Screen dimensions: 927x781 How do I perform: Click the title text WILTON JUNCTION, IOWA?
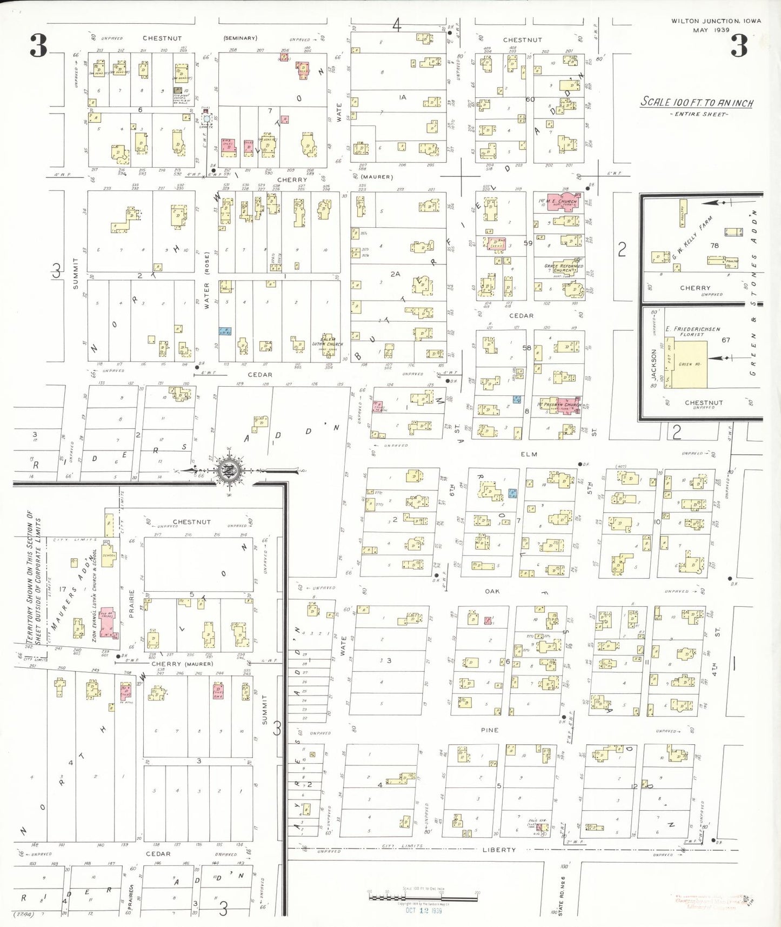click(716, 21)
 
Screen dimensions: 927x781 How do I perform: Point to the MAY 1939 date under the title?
click(711, 30)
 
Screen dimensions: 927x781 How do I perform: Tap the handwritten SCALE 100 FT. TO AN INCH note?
click(697, 102)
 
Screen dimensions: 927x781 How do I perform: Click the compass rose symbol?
click(229, 471)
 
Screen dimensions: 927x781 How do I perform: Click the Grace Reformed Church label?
click(564, 268)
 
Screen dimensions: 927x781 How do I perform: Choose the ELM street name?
click(529, 454)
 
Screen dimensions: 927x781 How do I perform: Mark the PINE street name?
click(489, 730)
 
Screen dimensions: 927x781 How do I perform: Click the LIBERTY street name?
click(498, 850)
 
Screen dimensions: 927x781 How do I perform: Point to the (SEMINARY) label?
click(240, 38)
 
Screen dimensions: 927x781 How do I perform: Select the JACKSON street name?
click(653, 363)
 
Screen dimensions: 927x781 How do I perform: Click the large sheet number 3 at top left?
click(38, 45)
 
